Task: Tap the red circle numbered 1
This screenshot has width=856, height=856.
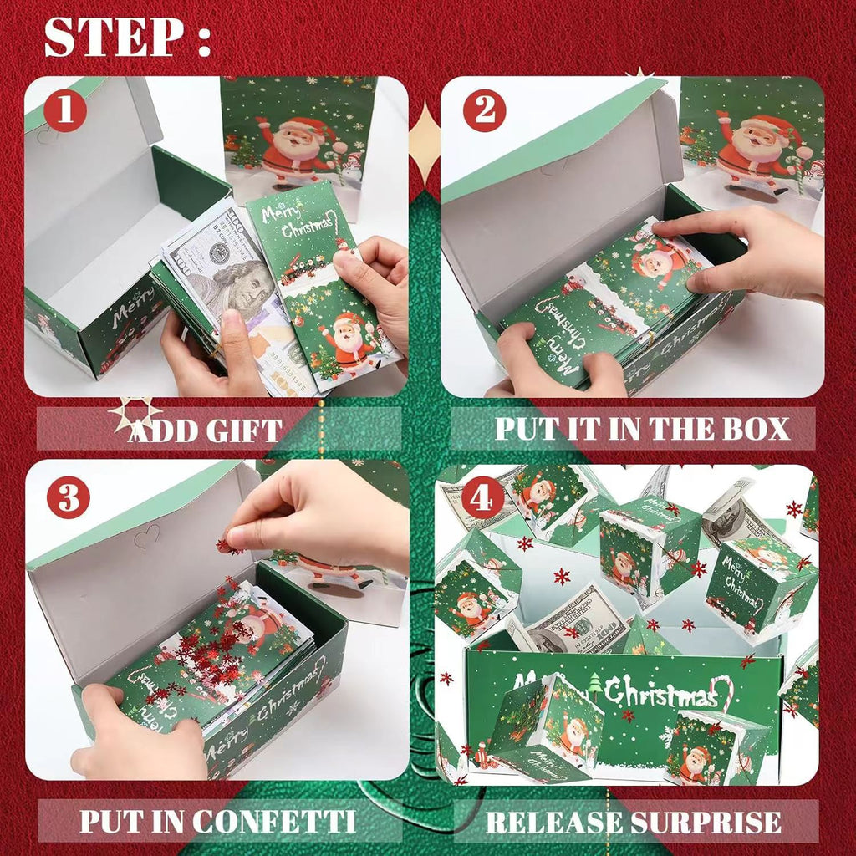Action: click(66, 111)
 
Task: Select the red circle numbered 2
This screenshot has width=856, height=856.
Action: click(484, 111)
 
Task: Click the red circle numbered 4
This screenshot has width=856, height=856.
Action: click(482, 499)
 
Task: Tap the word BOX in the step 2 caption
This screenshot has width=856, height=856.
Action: click(752, 428)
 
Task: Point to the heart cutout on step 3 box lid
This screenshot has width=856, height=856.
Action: click(146, 536)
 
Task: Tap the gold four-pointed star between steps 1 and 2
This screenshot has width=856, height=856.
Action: click(427, 142)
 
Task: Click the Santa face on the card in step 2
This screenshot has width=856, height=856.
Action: click(657, 263)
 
